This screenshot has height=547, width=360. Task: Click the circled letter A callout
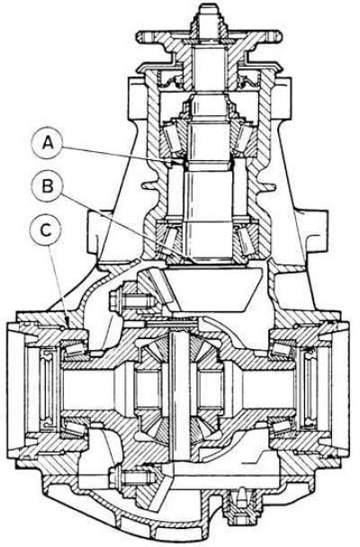[48, 144]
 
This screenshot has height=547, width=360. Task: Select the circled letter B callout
[48, 186]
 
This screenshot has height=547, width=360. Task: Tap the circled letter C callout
[47, 230]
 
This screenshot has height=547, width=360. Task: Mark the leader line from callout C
[59, 286]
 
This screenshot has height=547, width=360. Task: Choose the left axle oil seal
[47, 388]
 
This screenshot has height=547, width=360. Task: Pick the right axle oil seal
[310, 387]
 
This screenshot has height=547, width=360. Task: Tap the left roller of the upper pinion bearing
[173, 137]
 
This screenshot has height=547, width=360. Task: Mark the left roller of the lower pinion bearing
[169, 241]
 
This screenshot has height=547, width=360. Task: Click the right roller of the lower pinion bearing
[247, 241]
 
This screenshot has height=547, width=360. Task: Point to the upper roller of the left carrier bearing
[74, 350]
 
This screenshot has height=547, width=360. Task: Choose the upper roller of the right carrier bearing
[283, 349]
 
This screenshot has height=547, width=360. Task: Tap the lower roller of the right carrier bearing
[283, 426]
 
